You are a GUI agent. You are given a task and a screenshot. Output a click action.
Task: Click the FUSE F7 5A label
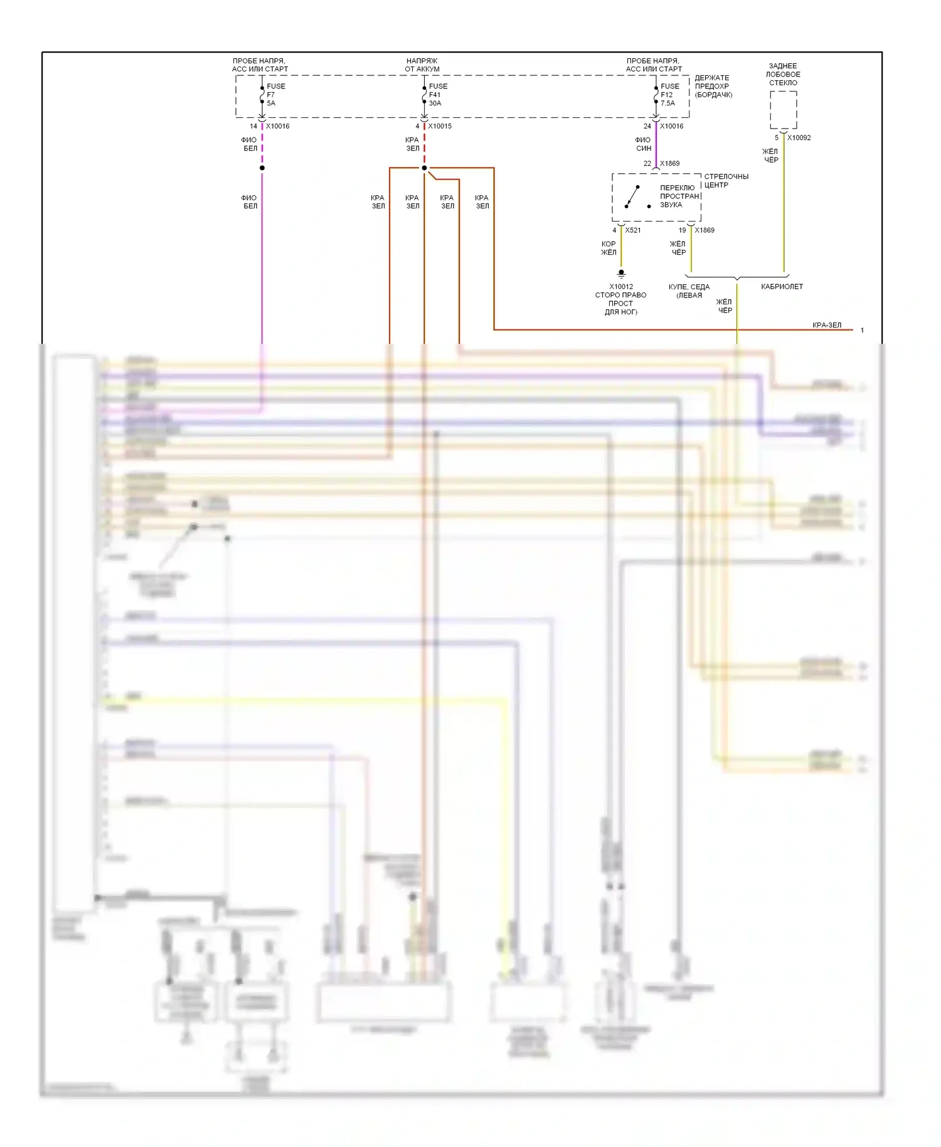pos(275,95)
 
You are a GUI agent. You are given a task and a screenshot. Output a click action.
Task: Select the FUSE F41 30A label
pos(437,95)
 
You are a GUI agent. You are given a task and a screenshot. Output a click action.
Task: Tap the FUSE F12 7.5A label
pos(669,95)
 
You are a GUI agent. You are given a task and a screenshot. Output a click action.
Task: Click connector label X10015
pos(439,126)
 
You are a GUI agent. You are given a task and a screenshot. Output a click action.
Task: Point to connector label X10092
pos(799,138)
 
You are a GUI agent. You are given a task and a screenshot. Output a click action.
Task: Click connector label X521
pos(632,230)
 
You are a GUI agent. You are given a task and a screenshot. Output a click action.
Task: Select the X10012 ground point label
pos(620,287)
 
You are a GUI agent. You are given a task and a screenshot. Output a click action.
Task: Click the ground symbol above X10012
pos(621,274)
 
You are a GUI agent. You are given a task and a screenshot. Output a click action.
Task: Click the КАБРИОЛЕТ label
pos(782,287)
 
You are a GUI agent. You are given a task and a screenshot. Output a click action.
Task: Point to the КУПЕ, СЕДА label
pos(689,287)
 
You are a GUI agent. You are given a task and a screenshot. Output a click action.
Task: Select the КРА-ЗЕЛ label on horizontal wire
pos(826,325)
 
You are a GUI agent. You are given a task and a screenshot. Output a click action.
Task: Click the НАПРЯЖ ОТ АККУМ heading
pos(422,65)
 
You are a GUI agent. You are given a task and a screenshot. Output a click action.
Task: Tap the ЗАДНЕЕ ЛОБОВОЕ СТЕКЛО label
pos(783,74)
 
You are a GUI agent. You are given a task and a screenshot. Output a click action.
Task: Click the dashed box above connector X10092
pos(783,110)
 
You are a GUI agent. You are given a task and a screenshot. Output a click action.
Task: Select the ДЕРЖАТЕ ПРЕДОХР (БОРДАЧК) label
pos(713,87)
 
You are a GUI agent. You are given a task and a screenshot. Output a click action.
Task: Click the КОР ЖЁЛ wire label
pos(609,248)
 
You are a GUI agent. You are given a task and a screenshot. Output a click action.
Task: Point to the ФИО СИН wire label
pos(643,144)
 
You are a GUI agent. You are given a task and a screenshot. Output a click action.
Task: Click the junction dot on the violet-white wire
pos(262,168)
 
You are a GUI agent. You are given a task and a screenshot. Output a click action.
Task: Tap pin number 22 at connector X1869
pos(647,164)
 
